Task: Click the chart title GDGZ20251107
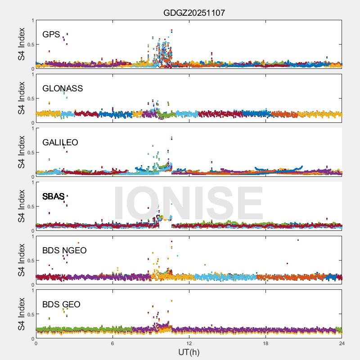tap(194, 13)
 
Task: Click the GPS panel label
tap(51, 34)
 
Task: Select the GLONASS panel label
tap(63, 88)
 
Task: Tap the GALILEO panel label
tap(60, 142)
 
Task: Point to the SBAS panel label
tap(54, 196)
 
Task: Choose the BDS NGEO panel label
tap(64, 250)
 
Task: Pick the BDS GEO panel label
tap(61, 304)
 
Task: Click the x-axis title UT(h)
tap(189, 352)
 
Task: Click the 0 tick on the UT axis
tap(36, 343)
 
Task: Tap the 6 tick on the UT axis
tap(112, 343)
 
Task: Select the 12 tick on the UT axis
tap(189, 343)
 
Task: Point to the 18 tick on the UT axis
tap(265, 343)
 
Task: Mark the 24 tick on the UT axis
tap(342, 343)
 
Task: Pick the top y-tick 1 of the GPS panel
tap(32, 20)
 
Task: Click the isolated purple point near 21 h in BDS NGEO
tap(298, 240)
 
